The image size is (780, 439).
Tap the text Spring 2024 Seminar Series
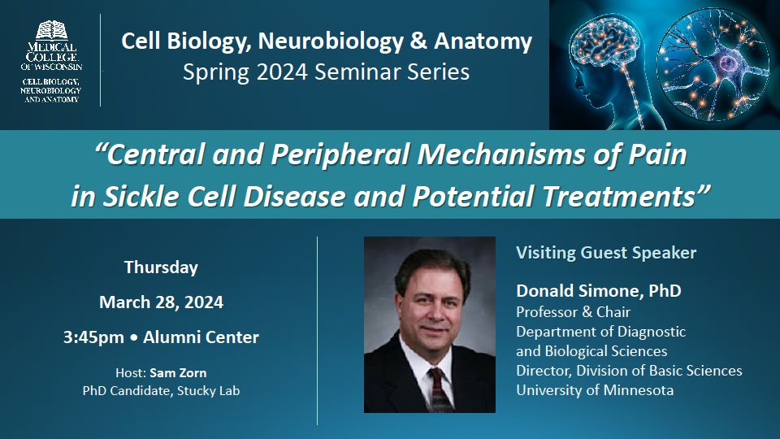pos(326,72)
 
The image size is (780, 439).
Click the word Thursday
pos(161,267)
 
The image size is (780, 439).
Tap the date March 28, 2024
pos(161,302)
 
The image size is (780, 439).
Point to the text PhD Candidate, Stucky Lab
pos(161,390)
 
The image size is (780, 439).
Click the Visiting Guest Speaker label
pos(606,253)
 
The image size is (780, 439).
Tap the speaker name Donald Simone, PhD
pos(599,290)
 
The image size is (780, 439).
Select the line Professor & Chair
pos(574,311)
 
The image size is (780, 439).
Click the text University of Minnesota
pos(594,389)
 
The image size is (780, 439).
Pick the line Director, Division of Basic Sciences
pos(629,370)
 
